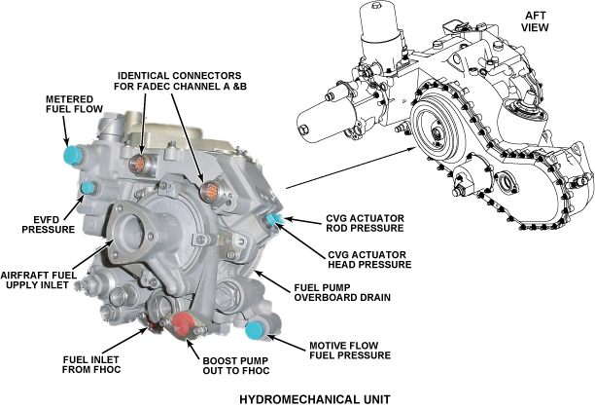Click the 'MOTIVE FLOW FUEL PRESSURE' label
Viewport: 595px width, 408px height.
click(x=350, y=350)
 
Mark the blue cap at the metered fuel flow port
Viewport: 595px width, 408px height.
click(x=71, y=156)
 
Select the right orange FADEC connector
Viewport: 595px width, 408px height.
click(x=207, y=190)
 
